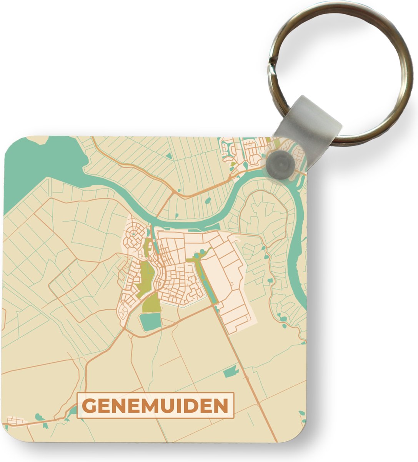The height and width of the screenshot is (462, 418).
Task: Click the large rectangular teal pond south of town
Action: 150,321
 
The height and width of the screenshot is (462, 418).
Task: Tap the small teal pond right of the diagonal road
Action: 231,372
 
